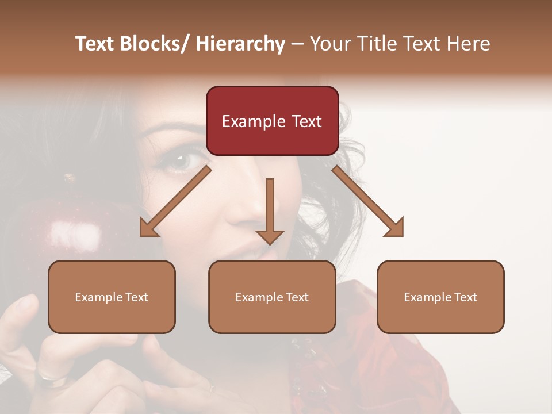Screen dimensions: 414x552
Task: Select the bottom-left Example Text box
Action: point(112,297)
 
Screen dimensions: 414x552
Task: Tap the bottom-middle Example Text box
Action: point(272,297)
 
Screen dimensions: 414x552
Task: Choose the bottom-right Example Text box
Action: point(440,297)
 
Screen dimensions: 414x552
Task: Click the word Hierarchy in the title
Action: point(240,44)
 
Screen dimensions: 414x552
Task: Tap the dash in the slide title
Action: point(297,44)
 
